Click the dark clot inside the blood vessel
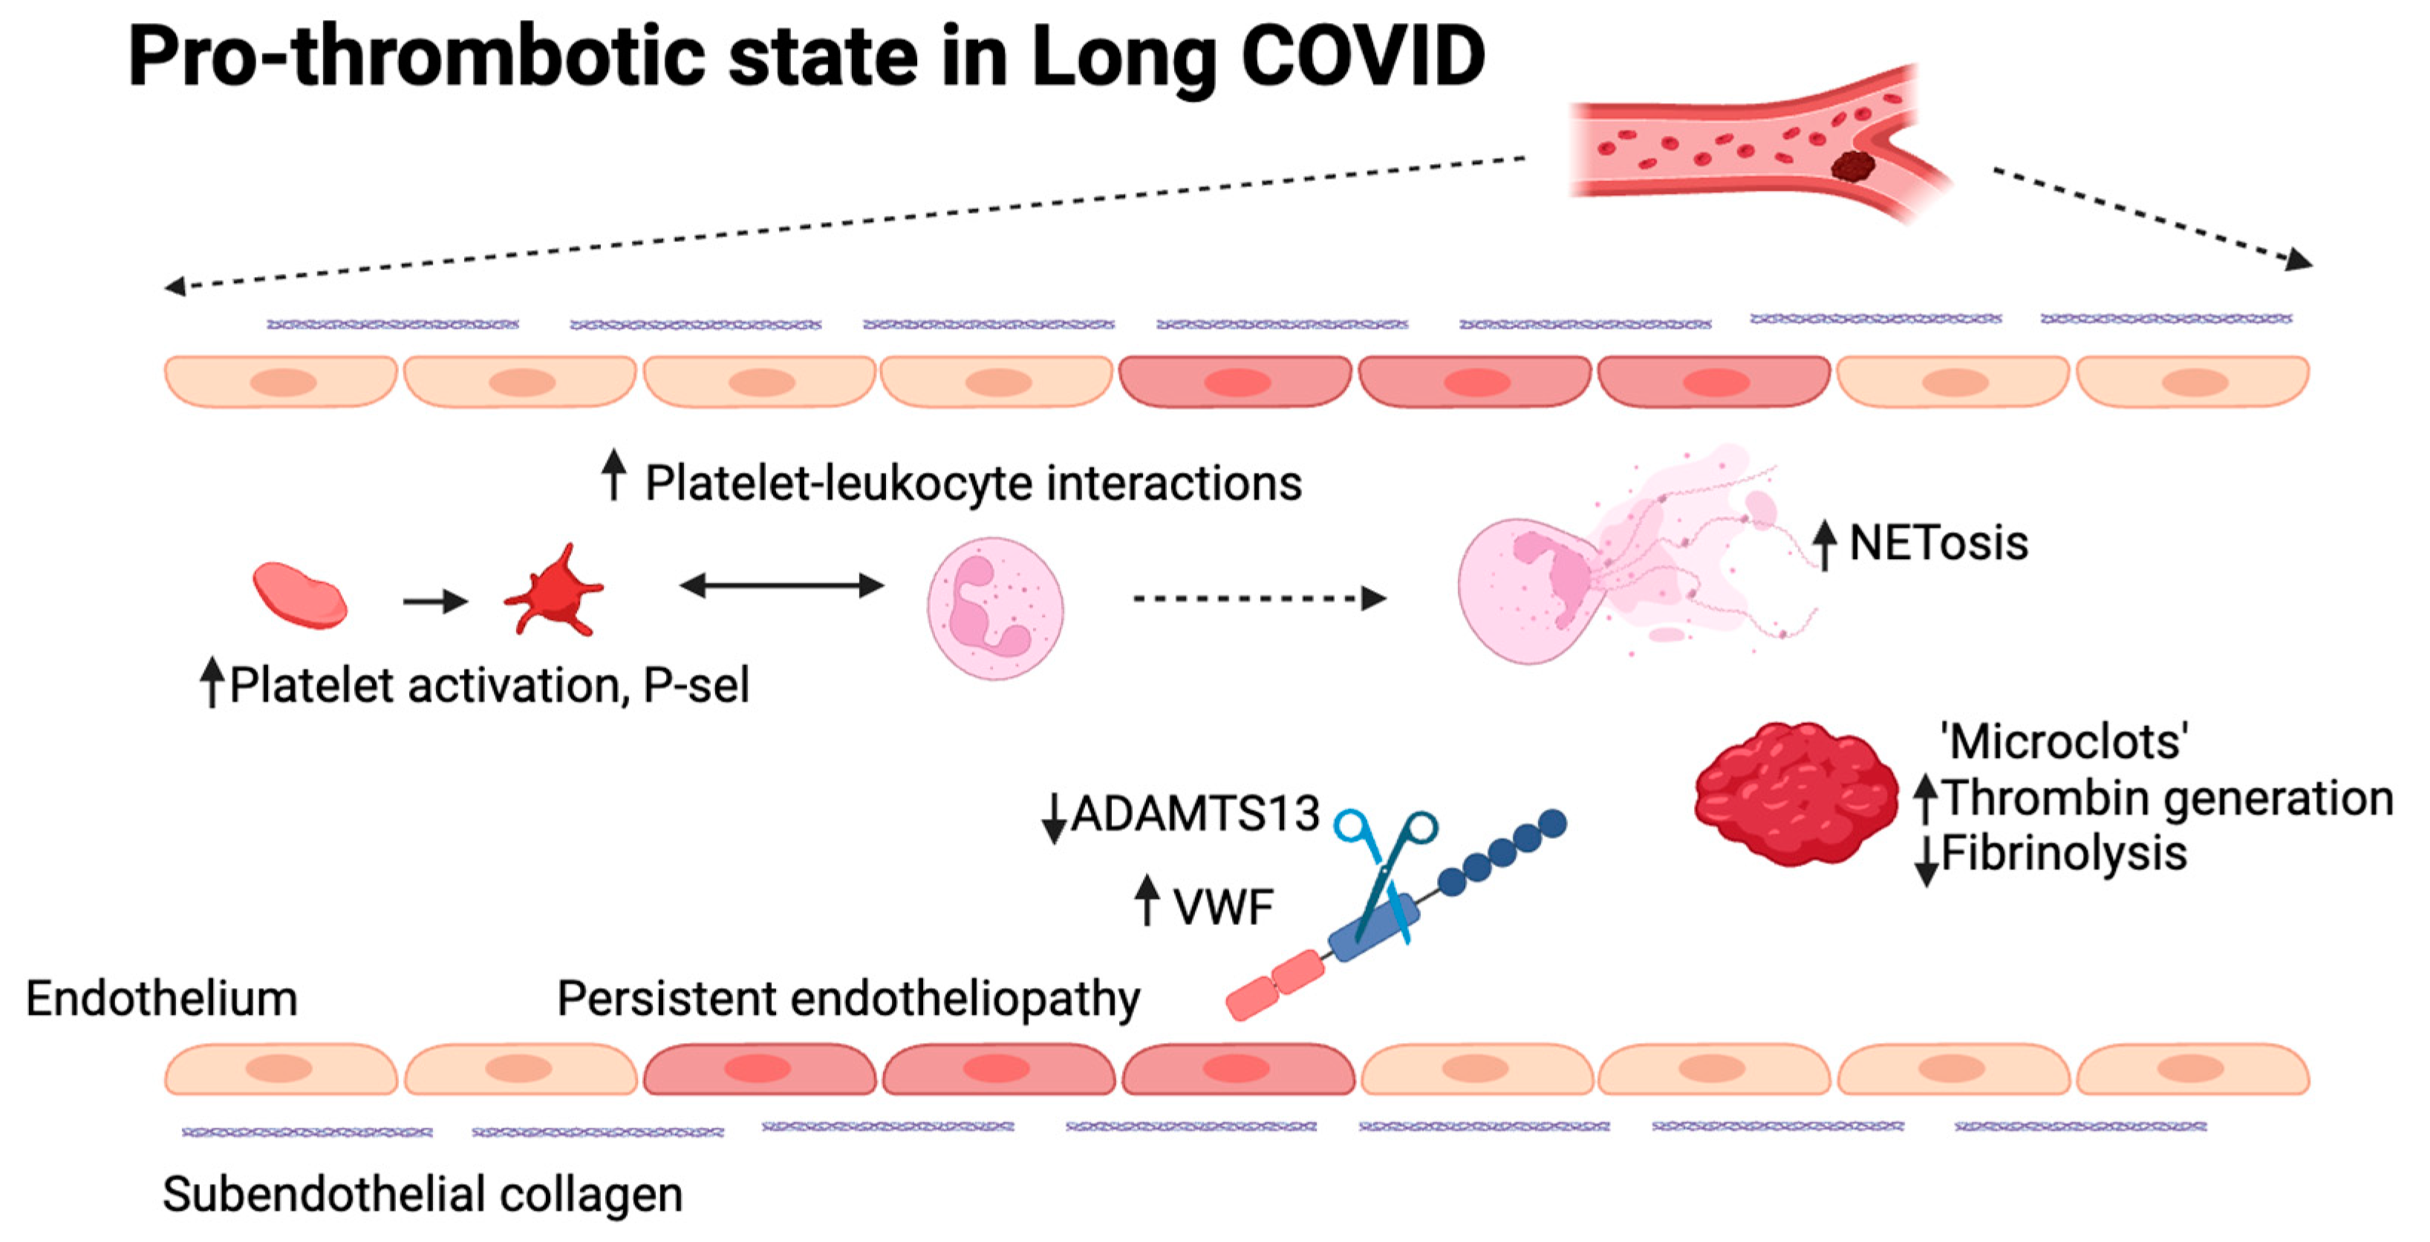pos(1853,166)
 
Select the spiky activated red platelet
pos(554,590)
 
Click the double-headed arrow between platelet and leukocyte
pos(781,586)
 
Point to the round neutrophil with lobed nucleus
pos(995,608)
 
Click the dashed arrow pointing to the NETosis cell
pos(1260,598)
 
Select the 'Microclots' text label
pos(2064,741)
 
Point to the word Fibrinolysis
pos(2064,854)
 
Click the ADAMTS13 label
pos(1195,813)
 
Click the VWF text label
pos(1223,907)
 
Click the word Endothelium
pos(161,998)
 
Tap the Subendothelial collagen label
pos(423,1194)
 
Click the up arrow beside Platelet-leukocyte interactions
pos(614,474)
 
